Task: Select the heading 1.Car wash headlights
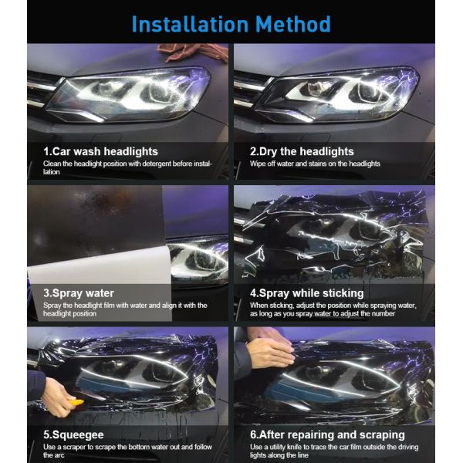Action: pos(100,151)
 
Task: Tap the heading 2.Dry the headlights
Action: pos(302,151)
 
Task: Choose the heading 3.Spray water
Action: pos(79,293)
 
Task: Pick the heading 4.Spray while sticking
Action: pos(306,293)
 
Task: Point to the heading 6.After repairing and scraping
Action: pos(327,434)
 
